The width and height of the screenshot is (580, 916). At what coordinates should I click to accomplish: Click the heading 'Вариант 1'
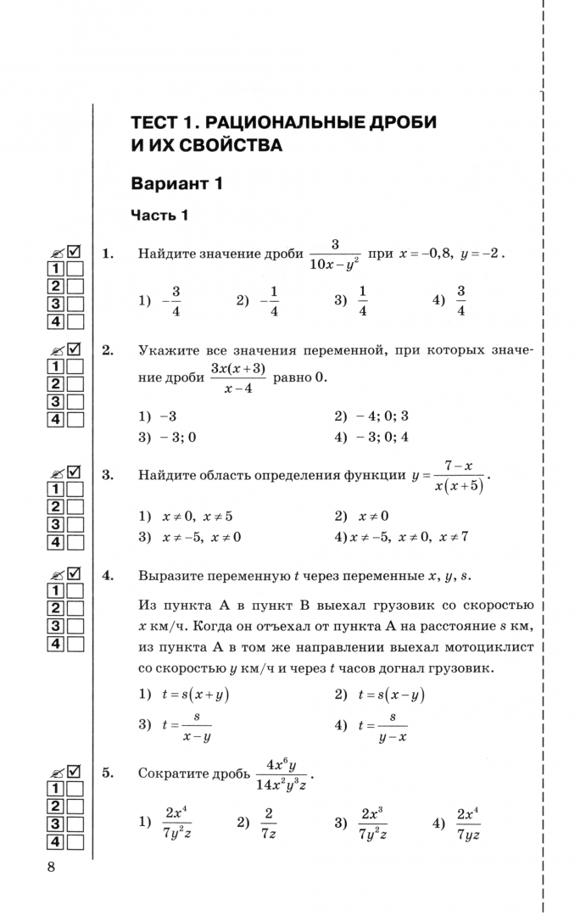[176, 184]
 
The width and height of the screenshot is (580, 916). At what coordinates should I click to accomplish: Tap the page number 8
[52, 867]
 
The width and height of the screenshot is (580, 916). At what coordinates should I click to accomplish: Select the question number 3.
[108, 475]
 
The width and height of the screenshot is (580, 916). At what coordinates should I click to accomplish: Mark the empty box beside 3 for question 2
[76, 401]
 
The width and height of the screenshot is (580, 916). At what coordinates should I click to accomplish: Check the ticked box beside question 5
[74, 771]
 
